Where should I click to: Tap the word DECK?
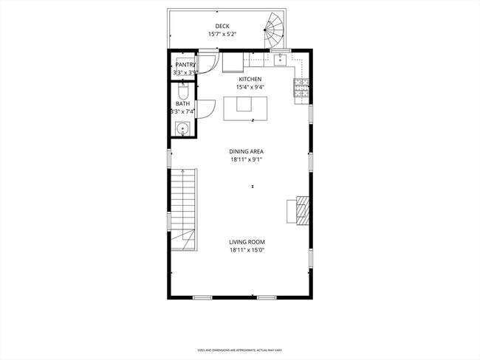coord(222,25)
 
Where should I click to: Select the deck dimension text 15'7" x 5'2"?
coord(222,34)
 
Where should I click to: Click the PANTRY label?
coord(185,65)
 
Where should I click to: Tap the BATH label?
coord(182,104)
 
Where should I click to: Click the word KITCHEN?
coord(250,79)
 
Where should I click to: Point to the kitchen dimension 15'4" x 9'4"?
coord(250,87)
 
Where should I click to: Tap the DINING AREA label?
coord(246,151)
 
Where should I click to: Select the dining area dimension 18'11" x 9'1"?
coord(246,159)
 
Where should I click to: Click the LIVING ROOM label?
coord(246,242)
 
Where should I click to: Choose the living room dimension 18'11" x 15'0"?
coord(246,250)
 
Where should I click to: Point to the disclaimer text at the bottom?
coord(239,350)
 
